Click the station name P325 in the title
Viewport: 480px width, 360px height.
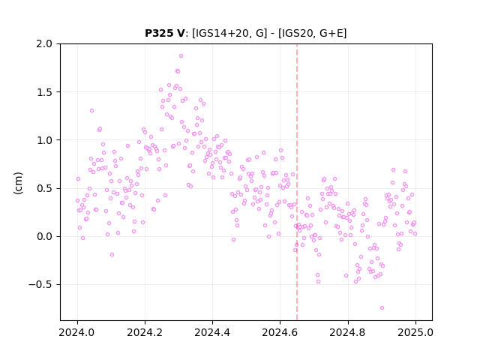160,33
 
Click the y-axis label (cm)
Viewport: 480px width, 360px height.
18,183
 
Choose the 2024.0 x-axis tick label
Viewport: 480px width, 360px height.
77,332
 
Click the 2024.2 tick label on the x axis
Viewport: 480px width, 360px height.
145,332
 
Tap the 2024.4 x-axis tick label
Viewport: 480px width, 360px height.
212,332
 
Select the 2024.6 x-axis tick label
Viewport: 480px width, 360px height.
280,332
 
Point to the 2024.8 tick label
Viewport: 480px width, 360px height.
348,332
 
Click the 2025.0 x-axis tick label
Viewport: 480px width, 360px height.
415,332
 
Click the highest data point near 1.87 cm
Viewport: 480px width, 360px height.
181,56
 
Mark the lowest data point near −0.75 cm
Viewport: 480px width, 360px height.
382,308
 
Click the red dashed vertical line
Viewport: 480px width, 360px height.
297,182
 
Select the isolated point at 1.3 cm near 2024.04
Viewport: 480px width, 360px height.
91,111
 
